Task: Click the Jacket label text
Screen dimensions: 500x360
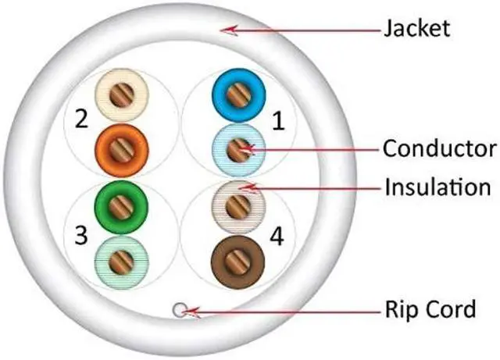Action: (416, 29)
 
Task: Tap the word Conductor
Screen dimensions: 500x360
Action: (438, 148)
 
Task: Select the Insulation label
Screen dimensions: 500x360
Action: (436, 187)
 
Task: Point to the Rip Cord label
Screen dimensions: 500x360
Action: (429, 310)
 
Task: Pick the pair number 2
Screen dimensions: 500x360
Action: (80, 119)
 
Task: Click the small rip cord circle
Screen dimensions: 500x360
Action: (180, 311)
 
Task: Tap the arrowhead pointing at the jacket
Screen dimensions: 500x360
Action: (227, 30)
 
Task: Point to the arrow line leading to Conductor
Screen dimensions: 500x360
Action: (312, 148)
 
